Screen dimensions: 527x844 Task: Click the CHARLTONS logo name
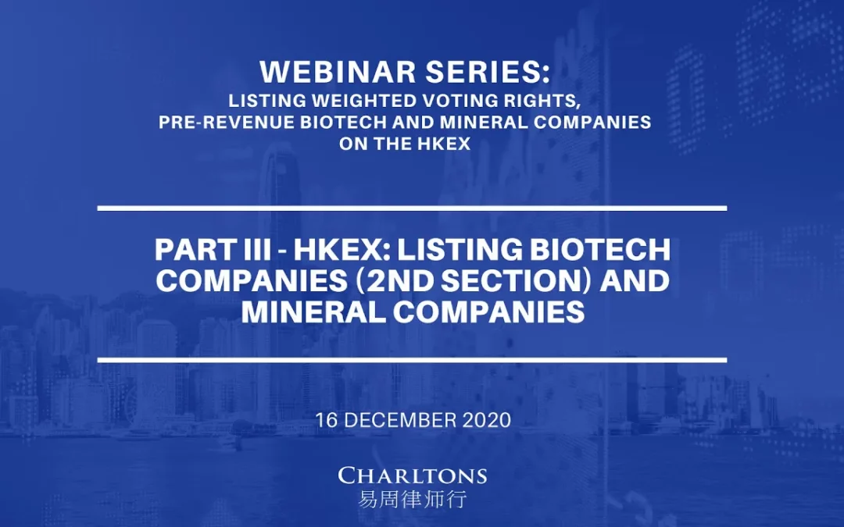click(413, 475)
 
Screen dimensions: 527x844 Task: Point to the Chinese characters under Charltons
click(413, 499)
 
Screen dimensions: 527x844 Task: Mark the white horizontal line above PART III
click(413, 208)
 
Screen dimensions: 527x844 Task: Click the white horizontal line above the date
click(413, 359)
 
